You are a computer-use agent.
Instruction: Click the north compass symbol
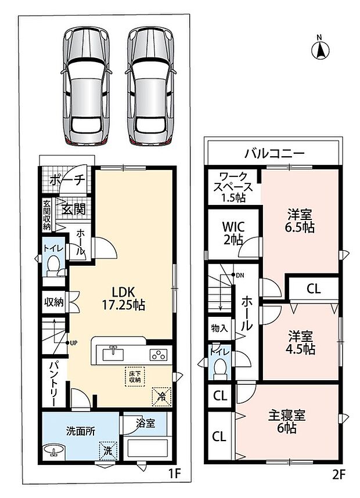[x=321, y=49]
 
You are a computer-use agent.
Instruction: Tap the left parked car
[x=86, y=86]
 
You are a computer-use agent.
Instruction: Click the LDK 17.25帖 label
[x=123, y=298]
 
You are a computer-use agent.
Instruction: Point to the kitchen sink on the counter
[x=113, y=353]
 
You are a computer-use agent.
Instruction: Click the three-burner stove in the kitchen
[x=159, y=354]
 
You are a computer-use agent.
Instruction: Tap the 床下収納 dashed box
[x=135, y=377]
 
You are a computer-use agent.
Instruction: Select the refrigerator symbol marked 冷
[x=162, y=397]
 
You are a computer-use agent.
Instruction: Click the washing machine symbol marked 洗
[x=108, y=451]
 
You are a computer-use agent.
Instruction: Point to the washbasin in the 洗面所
[x=53, y=450]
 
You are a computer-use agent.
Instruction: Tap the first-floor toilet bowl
[x=53, y=266]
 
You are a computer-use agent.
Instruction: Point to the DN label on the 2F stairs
[x=240, y=275]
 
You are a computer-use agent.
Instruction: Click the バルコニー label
[x=274, y=154]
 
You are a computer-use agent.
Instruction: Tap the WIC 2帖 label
[x=233, y=232]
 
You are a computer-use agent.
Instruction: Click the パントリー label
[x=54, y=384]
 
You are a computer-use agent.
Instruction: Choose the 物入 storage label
[x=219, y=329]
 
